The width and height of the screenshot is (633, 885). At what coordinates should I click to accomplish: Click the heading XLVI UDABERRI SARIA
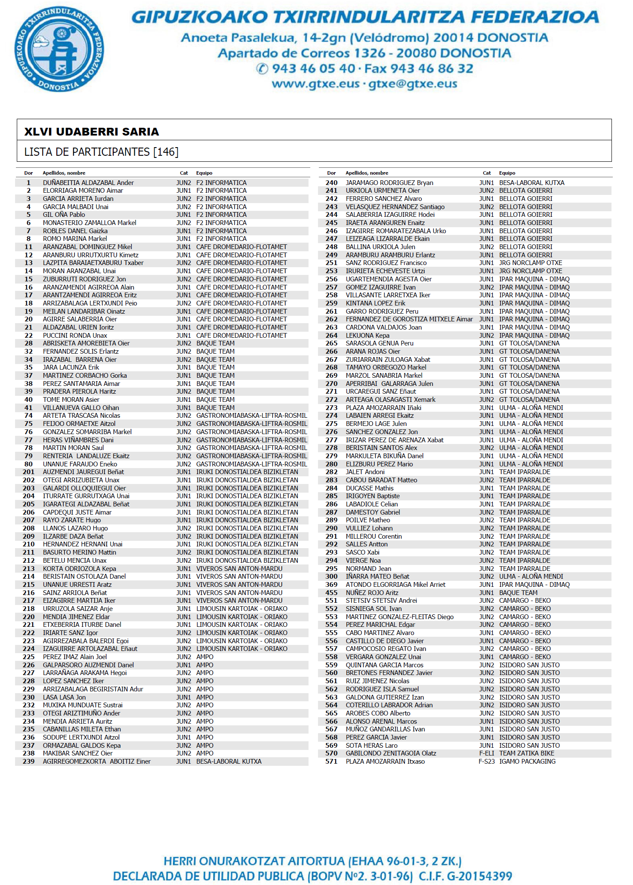click(92, 132)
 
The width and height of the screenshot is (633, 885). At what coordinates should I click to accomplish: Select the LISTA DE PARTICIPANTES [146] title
click(101, 152)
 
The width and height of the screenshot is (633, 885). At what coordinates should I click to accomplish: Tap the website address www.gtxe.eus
click(315, 83)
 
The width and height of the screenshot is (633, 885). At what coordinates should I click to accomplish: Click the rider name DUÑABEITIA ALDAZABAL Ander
click(88, 183)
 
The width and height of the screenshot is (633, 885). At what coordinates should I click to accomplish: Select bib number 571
click(331, 762)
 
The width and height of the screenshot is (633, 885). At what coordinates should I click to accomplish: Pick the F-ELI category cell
click(487, 753)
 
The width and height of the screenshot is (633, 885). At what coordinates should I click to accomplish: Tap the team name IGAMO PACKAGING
click(527, 762)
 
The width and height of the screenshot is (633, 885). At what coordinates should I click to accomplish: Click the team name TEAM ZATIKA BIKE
click(527, 753)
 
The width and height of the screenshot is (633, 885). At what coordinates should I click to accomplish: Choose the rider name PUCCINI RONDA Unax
click(75, 336)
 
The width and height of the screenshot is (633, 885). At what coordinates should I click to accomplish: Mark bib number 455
click(331, 593)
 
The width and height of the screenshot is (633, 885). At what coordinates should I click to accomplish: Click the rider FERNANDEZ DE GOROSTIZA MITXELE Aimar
click(409, 319)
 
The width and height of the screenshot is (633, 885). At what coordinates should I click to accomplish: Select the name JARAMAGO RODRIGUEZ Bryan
click(389, 183)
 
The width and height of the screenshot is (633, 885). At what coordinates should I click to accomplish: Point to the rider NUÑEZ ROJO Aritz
click(372, 593)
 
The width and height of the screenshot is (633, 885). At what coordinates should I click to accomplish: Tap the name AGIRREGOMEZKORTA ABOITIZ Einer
click(97, 762)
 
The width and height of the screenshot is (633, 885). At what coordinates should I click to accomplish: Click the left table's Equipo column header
click(204, 173)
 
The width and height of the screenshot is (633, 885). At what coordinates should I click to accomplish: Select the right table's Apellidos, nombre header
click(367, 173)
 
